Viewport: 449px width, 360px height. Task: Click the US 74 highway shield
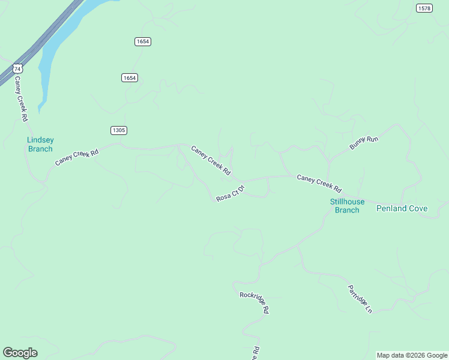[x=18, y=69]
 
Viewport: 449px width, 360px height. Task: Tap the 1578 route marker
[x=424, y=8]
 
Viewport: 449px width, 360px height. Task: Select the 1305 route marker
[x=119, y=130]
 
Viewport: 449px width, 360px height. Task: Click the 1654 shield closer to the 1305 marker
[x=130, y=78]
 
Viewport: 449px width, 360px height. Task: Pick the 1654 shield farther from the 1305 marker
[x=142, y=41]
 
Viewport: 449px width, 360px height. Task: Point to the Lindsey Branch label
[x=40, y=145]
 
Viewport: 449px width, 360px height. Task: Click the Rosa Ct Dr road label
[x=231, y=194]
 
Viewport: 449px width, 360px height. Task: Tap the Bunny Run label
[x=364, y=143]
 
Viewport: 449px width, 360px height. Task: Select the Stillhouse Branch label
[x=347, y=206]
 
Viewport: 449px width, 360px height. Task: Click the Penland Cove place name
[x=402, y=209]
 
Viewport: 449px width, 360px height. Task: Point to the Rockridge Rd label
[x=254, y=302]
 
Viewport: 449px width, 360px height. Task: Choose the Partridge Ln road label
[x=360, y=299]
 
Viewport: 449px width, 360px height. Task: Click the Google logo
[x=20, y=353]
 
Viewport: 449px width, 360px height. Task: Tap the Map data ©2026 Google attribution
[x=412, y=355]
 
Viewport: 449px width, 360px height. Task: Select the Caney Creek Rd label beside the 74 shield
[x=22, y=99]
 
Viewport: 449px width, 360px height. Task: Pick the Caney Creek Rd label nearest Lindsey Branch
[x=76, y=158]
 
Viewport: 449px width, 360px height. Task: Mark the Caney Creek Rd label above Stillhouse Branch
[x=319, y=182]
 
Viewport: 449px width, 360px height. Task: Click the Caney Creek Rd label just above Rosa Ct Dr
[x=211, y=160]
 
